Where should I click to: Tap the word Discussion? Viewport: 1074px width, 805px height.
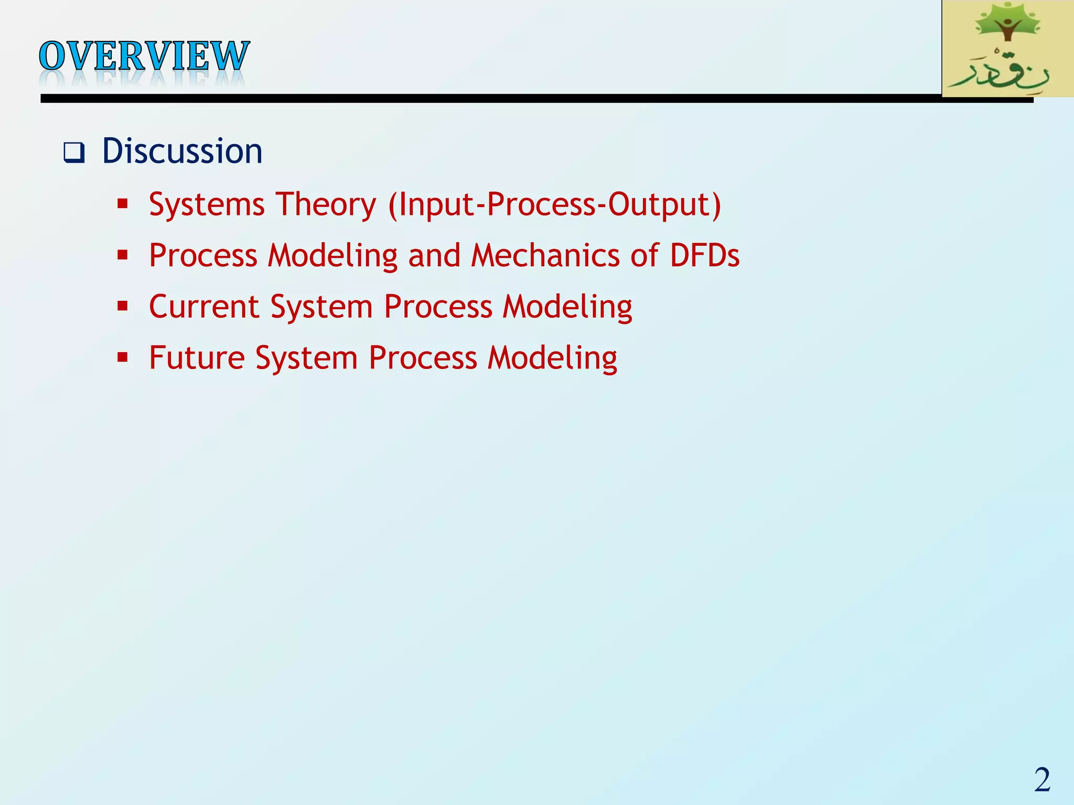182,151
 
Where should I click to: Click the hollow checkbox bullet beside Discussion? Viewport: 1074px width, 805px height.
74,153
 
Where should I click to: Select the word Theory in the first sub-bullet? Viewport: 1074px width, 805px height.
326,204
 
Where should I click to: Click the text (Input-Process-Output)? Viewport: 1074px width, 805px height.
554,204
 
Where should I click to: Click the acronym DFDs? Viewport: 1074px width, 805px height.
704,255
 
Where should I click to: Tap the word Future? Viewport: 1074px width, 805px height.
197,357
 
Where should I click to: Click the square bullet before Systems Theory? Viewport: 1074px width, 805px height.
123,204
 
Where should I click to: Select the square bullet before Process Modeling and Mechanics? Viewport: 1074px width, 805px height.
123,255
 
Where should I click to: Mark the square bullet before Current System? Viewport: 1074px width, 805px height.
123,306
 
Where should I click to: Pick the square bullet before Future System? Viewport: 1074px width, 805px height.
123,357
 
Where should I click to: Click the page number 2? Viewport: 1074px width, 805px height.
1042,780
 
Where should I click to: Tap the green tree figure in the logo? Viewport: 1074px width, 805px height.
1006,24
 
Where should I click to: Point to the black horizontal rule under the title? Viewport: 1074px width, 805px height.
472,99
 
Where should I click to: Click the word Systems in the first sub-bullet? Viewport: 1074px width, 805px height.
207,204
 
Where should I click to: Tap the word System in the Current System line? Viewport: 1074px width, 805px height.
321,307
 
